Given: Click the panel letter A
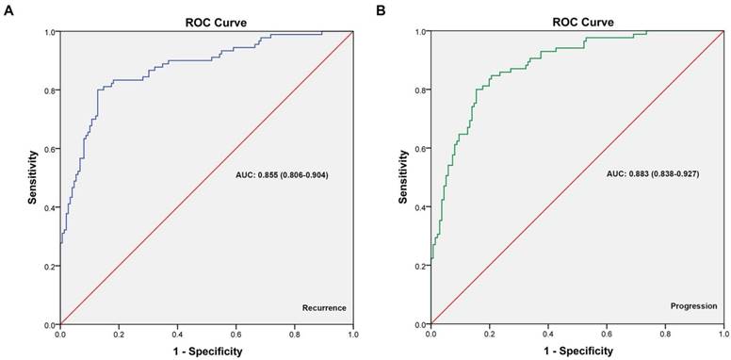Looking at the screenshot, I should (x=8, y=8).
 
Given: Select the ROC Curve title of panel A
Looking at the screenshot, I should (x=205, y=21).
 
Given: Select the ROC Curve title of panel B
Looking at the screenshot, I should (x=576, y=21).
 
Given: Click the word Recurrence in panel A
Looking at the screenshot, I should (x=324, y=307).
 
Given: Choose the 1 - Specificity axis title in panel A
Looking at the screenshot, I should (x=205, y=351).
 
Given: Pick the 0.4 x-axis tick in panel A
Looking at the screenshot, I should (x=177, y=334).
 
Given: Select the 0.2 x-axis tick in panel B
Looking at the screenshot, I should (x=489, y=334).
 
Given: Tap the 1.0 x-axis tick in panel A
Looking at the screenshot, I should (x=352, y=334).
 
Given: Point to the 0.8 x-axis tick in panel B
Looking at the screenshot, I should (x=664, y=334).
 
